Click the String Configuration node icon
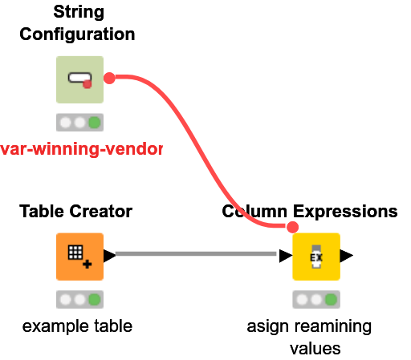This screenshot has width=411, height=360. tap(79, 79)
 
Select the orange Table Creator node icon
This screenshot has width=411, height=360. tap(79, 257)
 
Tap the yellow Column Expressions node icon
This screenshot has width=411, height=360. tap(315, 257)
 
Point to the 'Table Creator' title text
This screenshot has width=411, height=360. tap(75, 212)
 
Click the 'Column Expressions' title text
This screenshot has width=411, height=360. tap(310, 212)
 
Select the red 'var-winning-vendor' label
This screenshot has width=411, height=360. tap(80, 149)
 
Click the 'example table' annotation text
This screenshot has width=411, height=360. tap(77, 326)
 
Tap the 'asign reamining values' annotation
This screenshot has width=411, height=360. tap(309, 337)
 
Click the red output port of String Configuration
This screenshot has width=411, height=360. tap(110, 78)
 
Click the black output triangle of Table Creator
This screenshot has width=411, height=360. tap(109, 256)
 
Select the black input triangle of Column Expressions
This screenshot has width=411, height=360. tap(285, 257)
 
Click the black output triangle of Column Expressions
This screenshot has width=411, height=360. tap(346, 257)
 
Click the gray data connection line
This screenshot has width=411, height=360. tap(197, 255)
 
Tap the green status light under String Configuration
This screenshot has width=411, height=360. tap(95, 123)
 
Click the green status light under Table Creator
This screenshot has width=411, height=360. tap(95, 300)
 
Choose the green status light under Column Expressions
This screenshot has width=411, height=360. tap(331, 300)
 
